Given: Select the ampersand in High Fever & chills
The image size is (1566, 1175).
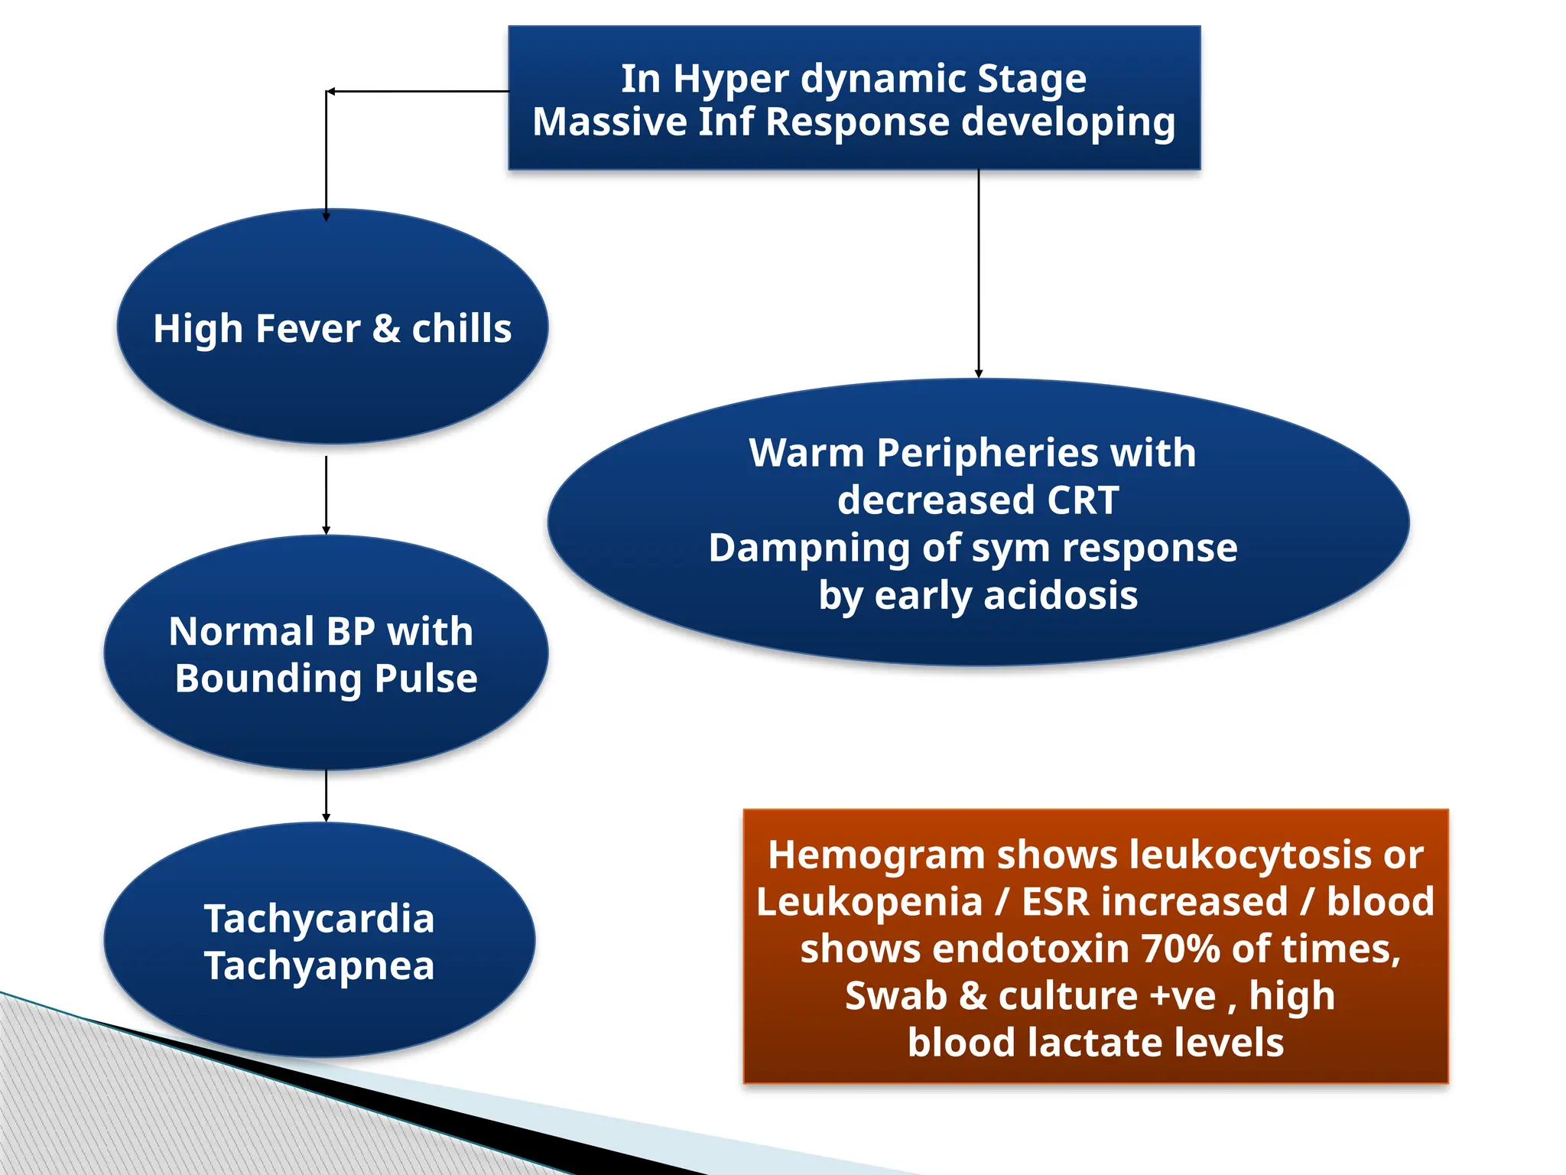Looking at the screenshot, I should point(385,329).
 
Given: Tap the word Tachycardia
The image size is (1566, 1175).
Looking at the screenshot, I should point(319,918).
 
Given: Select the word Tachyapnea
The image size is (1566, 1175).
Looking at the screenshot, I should point(319,966).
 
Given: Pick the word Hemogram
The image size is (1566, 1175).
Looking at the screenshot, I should point(876,855).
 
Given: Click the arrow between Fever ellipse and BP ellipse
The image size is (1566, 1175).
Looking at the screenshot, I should point(327,496).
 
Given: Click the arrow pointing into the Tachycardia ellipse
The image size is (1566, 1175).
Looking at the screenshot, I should point(327,796).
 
